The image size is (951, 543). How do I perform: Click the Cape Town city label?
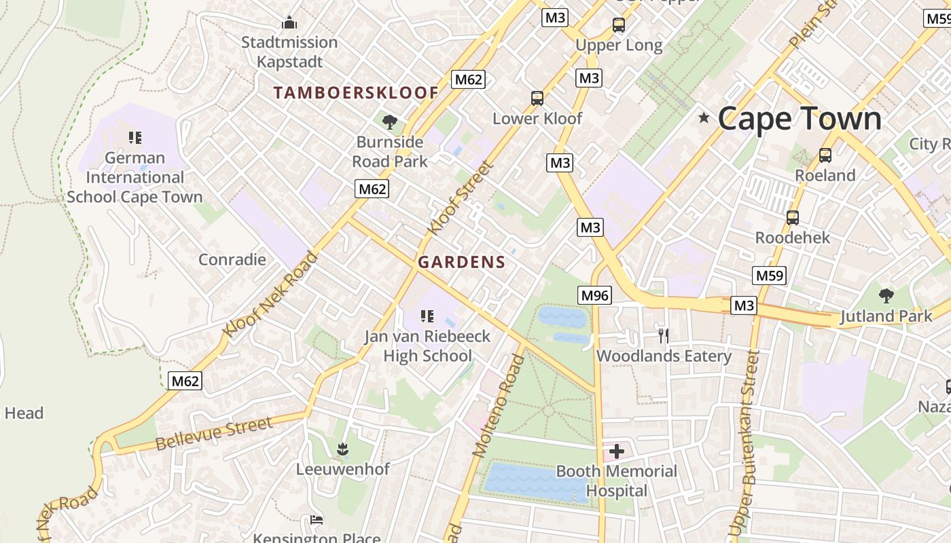coord(799,119)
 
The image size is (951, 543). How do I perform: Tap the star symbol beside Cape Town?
coord(704,118)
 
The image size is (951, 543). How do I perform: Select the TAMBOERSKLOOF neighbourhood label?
coord(356,93)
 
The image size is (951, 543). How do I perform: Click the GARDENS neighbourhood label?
coord(462,262)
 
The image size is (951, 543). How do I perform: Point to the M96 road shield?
coord(595,295)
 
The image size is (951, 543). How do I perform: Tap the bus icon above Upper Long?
coord(618,25)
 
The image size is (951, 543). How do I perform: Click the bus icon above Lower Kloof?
coord(537,98)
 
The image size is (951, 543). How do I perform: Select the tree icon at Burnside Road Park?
coord(390,122)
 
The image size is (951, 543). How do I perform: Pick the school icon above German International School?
coord(134,138)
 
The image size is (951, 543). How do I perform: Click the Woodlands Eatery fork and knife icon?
coord(664,335)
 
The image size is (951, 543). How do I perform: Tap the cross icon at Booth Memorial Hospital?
coord(617,451)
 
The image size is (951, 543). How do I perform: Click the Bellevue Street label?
coord(214,434)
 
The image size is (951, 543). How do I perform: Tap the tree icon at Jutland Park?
coord(886,296)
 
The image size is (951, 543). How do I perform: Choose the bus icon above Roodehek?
coord(792,218)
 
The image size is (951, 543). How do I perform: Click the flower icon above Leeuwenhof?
coord(342,449)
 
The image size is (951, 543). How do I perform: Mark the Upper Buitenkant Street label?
coord(743,445)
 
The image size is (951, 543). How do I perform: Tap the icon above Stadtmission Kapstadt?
coord(289,23)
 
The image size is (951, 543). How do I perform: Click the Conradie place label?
coord(232,259)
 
